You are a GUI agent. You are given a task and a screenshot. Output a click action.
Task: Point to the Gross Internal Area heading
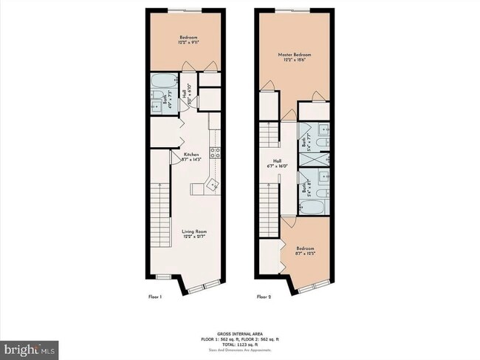pyautogui.click(x=240, y=333)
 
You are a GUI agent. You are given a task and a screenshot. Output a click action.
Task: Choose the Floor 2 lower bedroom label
pyautogui.click(x=305, y=248)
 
